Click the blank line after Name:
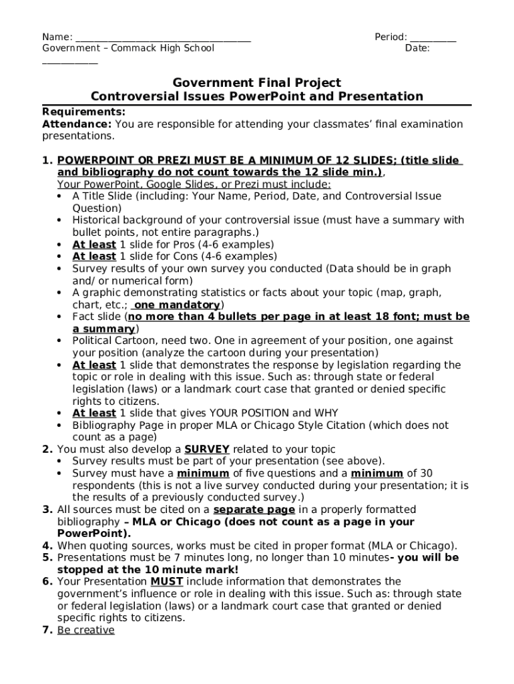pos(163,39)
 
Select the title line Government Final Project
pos(257,83)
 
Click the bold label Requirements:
pos(83,112)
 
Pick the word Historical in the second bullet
pos(97,220)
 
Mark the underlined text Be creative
pos(85,629)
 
